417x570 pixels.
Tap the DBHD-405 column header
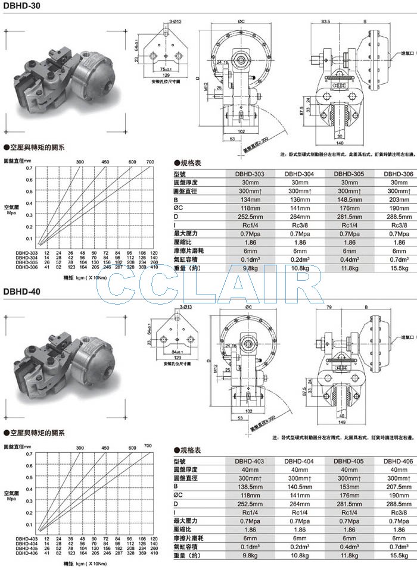[x=350, y=460]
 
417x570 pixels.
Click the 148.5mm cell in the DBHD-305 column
[x=350, y=200]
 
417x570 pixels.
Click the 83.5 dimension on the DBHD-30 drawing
[x=325, y=21]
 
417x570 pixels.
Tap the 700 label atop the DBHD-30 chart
[x=150, y=161]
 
